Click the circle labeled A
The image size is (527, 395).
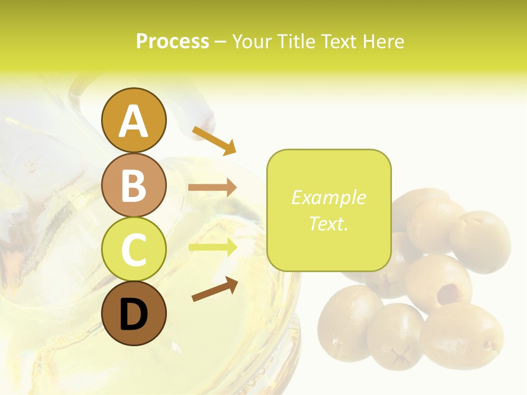point(133,120)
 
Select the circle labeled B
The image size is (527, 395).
point(133,185)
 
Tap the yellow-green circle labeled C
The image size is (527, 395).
point(133,249)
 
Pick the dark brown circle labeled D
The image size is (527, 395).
point(133,313)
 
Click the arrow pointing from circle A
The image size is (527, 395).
point(214,140)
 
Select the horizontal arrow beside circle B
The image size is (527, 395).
point(212,188)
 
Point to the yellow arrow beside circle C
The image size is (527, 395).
point(212,247)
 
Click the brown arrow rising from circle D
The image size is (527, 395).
point(215,290)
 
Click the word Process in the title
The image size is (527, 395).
point(172,41)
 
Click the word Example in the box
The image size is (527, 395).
point(328,198)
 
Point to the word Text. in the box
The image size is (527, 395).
point(328,223)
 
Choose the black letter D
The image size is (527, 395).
point(133,315)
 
